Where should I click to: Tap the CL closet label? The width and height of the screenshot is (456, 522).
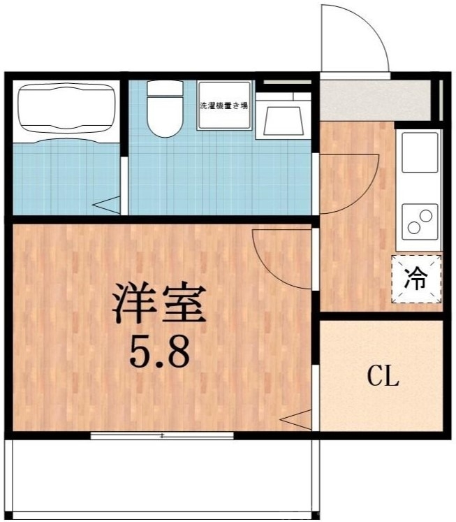[383, 379]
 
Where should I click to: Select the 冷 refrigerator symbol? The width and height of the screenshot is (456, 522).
[417, 280]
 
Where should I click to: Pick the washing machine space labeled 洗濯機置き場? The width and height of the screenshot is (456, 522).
[223, 106]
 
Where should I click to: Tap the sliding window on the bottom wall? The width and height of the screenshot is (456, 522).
[162, 435]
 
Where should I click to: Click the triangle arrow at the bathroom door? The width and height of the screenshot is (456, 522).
[107, 205]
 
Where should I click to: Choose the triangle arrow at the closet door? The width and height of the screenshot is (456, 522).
[296, 421]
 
